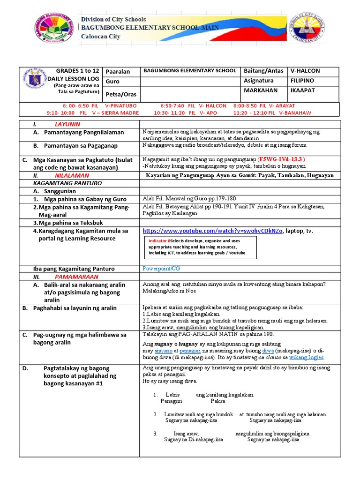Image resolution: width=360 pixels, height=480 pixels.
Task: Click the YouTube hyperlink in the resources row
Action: point(213,231)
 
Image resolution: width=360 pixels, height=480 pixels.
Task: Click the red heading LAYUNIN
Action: point(67,124)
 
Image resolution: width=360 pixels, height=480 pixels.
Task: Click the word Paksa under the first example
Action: point(217,401)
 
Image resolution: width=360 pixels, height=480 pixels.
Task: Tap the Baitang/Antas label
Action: point(263,71)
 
